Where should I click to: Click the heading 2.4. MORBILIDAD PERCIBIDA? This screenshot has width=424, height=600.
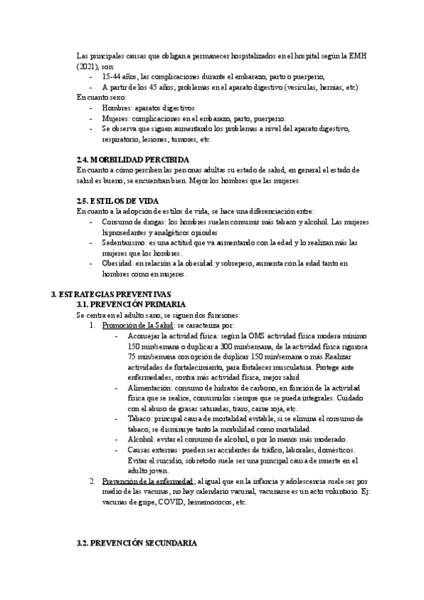(x=132, y=159)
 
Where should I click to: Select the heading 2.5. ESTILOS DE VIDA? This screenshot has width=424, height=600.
(x=117, y=200)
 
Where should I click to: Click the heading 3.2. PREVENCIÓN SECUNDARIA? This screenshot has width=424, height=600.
(x=136, y=543)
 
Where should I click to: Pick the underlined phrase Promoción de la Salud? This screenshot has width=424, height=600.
(x=133, y=325)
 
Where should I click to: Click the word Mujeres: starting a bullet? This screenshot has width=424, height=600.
(x=117, y=118)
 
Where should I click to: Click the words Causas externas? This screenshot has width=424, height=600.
(x=152, y=450)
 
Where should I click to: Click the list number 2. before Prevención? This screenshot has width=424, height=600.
(x=92, y=481)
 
